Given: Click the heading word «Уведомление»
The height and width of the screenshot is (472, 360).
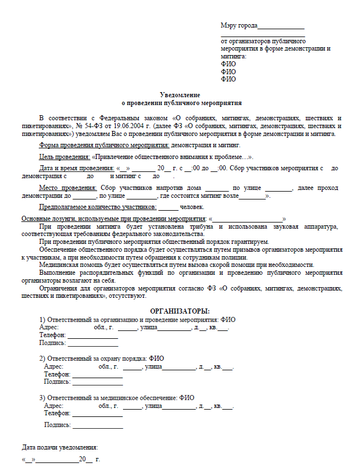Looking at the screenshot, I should tap(180, 96).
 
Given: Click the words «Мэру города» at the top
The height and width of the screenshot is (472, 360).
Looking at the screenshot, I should tap(239, 25).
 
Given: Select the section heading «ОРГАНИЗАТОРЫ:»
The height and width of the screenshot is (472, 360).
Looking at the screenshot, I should tap(180, 311).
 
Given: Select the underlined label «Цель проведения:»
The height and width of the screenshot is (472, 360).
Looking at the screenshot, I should tap(64, 157).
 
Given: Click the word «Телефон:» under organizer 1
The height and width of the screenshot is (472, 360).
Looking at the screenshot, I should tap(52, 335).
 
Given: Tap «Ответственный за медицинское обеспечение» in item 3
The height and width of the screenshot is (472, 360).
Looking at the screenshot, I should tap(112, 398).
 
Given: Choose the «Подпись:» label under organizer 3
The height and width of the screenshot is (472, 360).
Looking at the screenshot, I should tap(57, 425).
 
